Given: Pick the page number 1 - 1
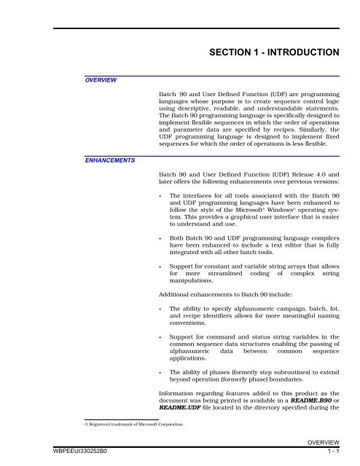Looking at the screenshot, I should [x=329, y=459].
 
